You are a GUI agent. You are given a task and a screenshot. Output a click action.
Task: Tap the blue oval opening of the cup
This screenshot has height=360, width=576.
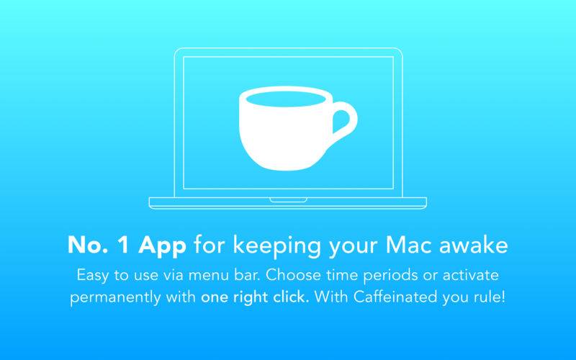tap(285, 99)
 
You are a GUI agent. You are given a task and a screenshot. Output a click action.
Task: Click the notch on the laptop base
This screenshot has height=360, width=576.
tap(289, 200)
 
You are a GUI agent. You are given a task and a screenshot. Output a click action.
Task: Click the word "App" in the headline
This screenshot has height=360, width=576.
tap(162, 246)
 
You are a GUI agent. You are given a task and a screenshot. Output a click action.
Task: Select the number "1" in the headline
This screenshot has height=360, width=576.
tap(124, 245)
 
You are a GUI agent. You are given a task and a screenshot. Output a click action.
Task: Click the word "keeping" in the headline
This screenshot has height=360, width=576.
tap(277, 246)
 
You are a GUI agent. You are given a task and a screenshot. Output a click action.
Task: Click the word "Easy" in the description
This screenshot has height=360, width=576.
tap(93, 276)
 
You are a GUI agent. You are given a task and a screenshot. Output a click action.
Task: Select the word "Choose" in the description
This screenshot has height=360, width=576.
tap(293, 275)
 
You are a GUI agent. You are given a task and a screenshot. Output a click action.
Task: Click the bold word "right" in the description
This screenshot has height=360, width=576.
tap(251, 297)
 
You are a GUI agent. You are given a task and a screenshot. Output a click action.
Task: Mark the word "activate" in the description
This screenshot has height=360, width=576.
tap(471, 275)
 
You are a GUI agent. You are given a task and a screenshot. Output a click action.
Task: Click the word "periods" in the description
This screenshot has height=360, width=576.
tap(391, 276)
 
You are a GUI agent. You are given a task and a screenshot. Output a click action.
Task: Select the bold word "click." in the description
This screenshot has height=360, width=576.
tap(291, 297)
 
